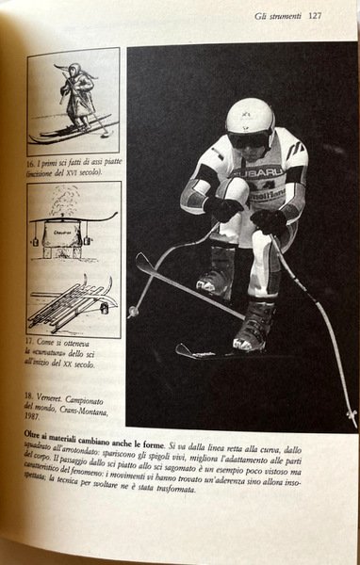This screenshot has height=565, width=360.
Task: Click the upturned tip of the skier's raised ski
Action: [x=139, y=259]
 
